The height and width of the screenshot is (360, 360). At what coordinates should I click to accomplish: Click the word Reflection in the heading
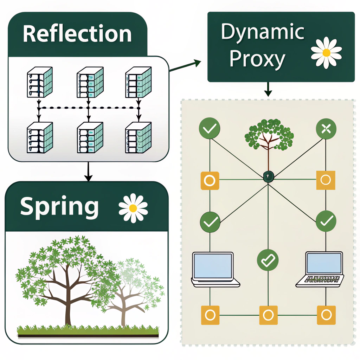point(77,34)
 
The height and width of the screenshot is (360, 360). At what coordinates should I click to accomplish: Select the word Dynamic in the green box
point(263,32)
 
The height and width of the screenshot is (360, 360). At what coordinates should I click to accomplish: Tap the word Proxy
point(257,59)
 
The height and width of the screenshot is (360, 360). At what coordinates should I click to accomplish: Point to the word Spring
point(59,207)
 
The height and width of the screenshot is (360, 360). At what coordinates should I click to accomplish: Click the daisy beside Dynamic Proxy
point(326,53)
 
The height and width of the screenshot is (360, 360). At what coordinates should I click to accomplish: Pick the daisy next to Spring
point(133,208)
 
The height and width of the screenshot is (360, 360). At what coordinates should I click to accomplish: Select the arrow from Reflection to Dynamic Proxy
point(185,65)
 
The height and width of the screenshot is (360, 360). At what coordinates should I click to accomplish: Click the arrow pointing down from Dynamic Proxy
point(268,89)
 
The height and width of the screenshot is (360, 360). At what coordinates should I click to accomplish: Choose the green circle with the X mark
point(326,129)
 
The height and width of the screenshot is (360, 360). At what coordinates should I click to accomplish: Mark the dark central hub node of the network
point(269,176)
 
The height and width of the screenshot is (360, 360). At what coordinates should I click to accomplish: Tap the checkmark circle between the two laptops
point(268,260)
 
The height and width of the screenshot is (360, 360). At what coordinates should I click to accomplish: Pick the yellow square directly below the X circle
point(326,180)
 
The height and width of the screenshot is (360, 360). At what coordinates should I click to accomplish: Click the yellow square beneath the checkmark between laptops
point(268,315)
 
